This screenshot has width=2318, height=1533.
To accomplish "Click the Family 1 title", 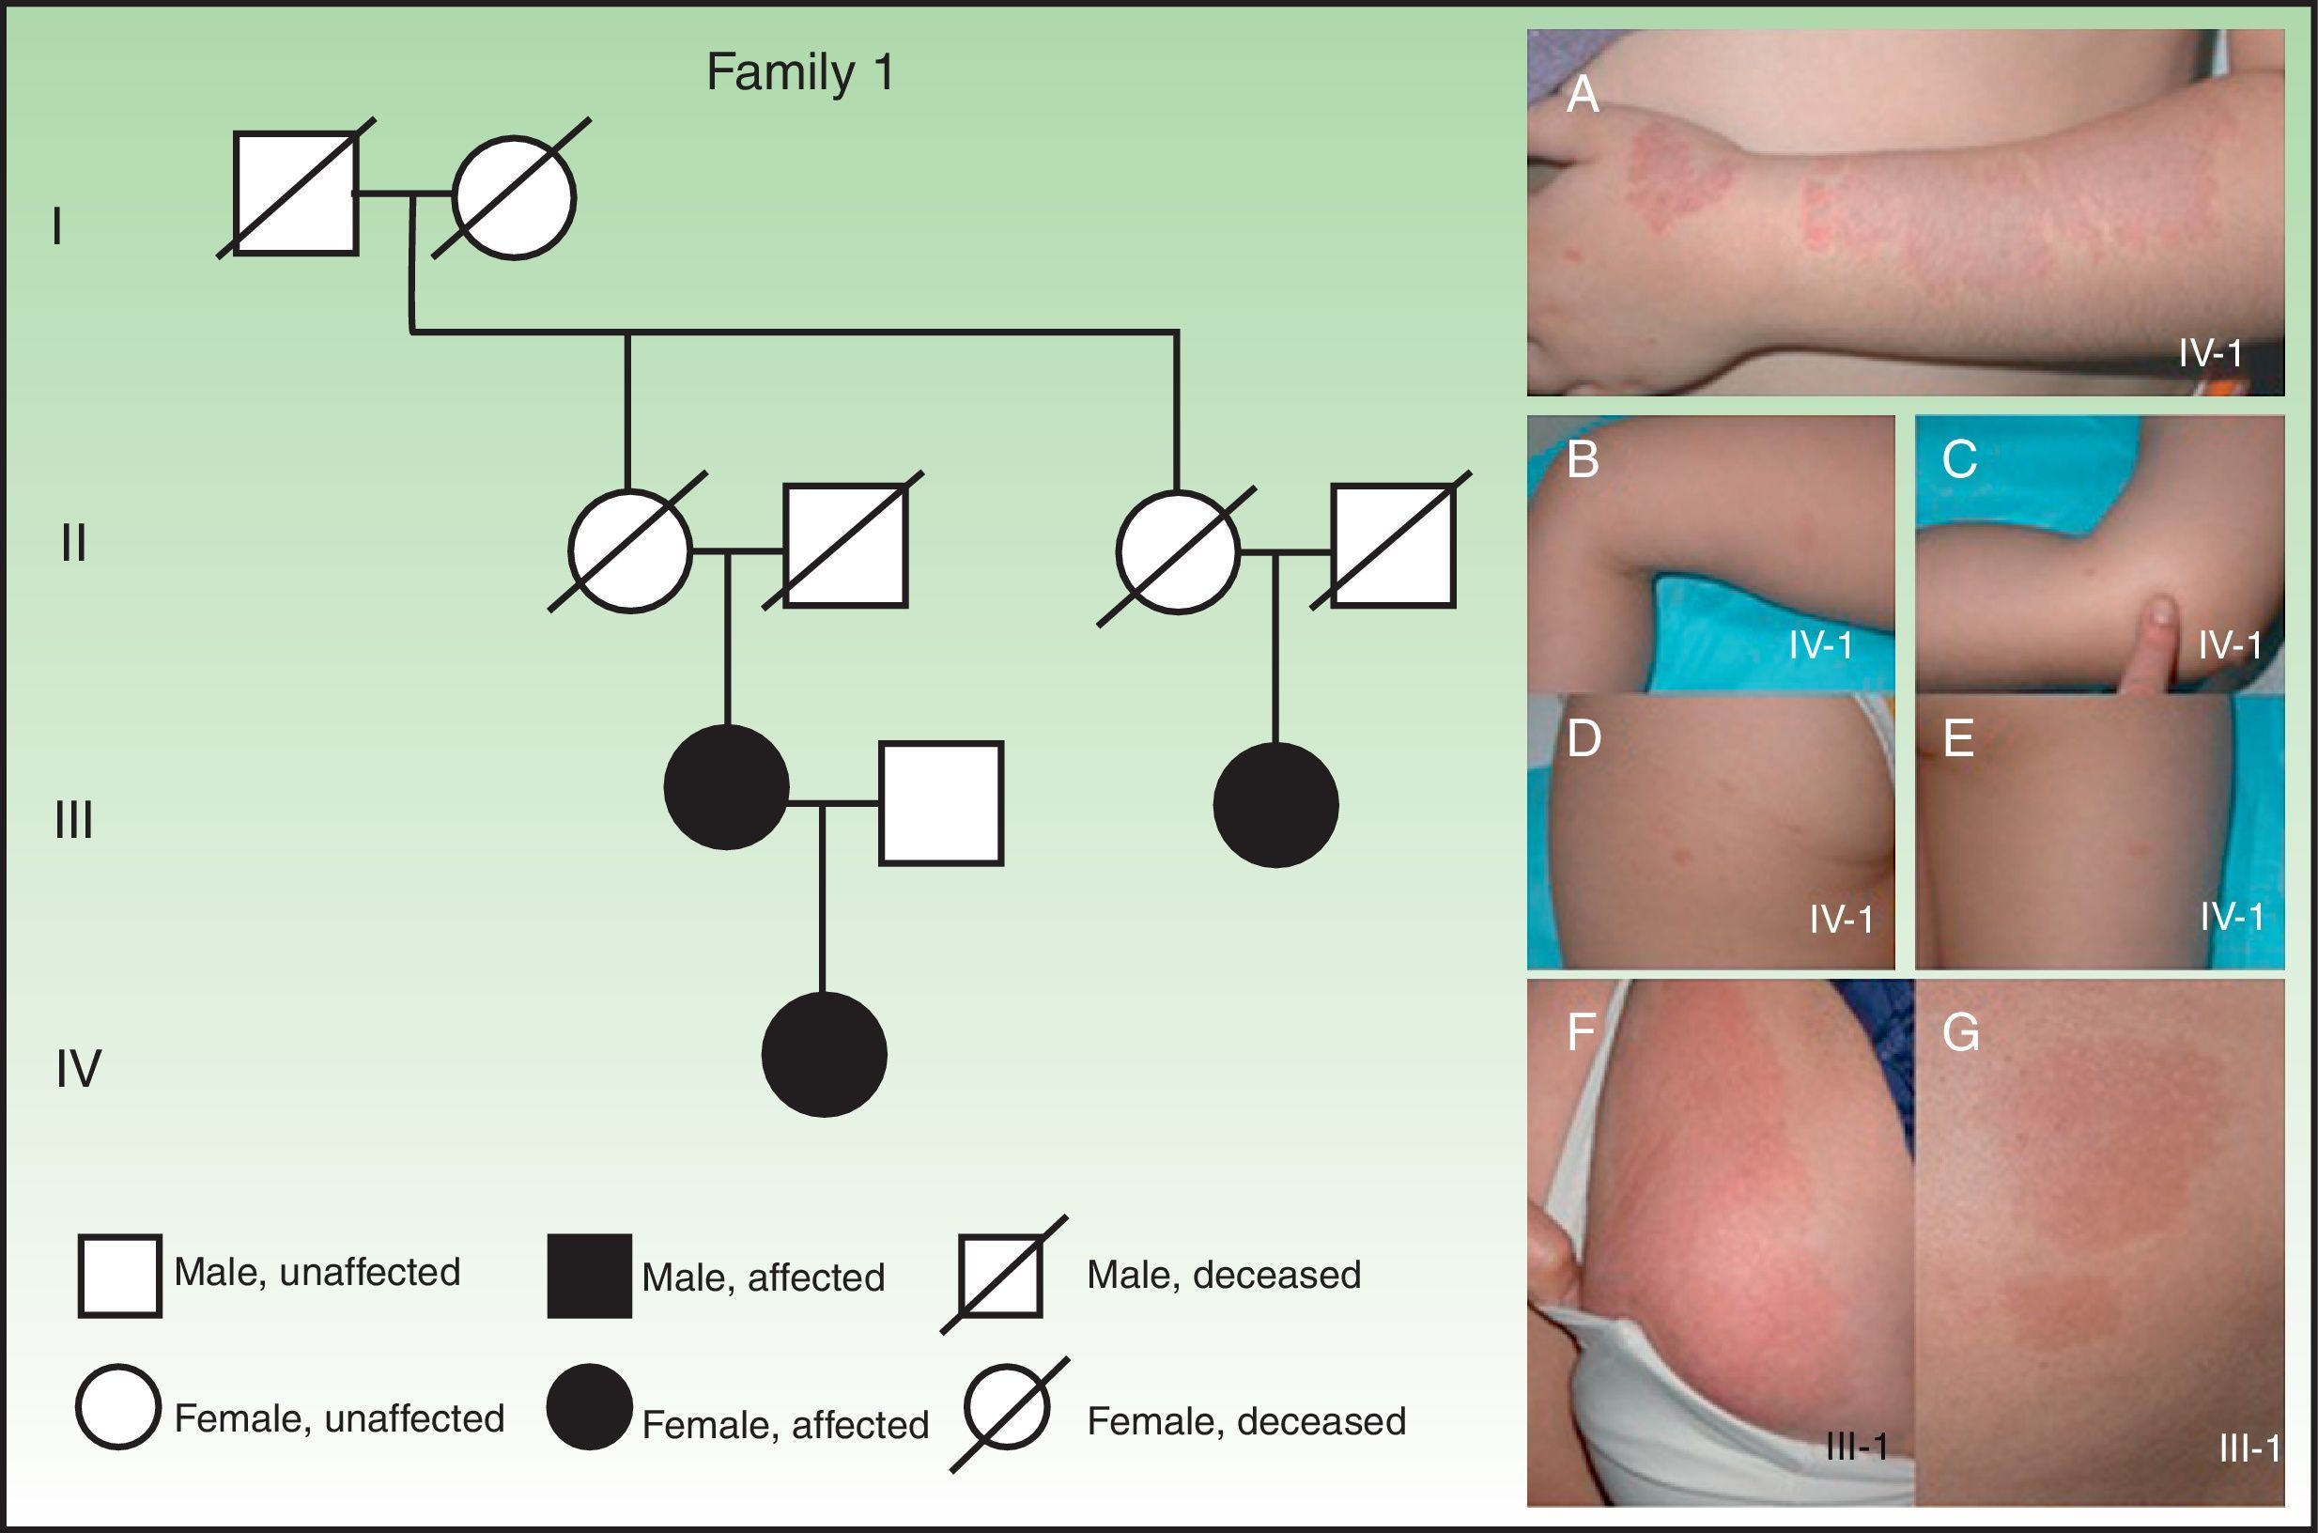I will [x=799, y=73].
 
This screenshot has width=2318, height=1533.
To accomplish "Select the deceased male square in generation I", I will [x=295, y=194].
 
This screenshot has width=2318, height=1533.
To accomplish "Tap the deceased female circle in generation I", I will [x=515, y=198].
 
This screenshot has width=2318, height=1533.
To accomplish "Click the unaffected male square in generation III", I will [x=940, y=804].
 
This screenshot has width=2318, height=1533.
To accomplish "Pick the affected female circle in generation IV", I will [x=824, y=1054].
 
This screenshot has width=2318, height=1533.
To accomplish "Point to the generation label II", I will [x=73, y=543].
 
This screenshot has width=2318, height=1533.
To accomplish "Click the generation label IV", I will [x=78, y=1069].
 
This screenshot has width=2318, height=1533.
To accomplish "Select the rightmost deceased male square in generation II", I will [x=1393, y=546].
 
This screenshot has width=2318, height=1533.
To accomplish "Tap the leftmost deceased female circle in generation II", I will [x=630, y=550].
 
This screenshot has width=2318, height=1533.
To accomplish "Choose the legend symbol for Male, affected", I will [x=589, y=1276].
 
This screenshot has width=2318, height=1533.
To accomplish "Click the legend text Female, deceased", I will [x=1246, y=1421].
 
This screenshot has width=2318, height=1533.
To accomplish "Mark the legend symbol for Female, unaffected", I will [x=118, y=1407].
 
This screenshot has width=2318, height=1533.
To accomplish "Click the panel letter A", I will [x=1582, y=96].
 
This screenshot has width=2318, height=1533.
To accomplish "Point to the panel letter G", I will [x=1960, y=1033].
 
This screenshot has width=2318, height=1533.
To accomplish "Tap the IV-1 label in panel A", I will [x=2210, y=353].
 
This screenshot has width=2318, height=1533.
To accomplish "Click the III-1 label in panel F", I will [x=1856, y=1447].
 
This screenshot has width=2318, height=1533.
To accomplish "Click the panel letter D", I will [x=1584, y=738].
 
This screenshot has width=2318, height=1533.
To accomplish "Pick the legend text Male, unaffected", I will [x=317, y=1272].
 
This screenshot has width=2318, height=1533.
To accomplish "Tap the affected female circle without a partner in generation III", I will [x=1275, y=805].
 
